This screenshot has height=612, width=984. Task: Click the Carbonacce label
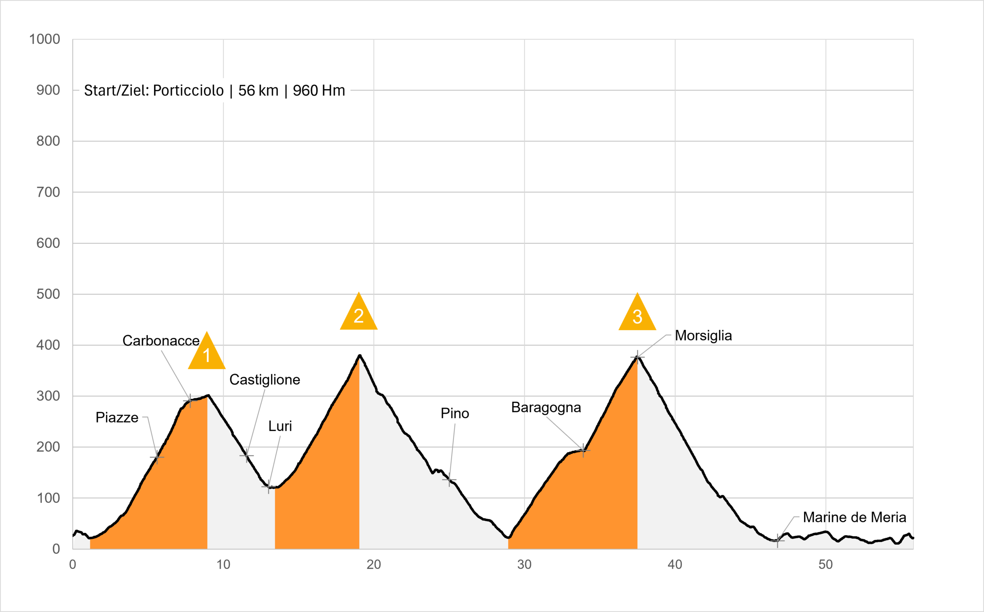pyautogui.click(x=161, y=341)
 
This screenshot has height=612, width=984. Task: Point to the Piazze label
pyautogui.click(x=117, y=417)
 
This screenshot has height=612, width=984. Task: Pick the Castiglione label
pyautogui.click(x=264, y=380)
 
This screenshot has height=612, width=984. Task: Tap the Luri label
pyautogui.click(x=280, y=426)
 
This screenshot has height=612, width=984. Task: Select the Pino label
pyautogui.click(x=455, y=413)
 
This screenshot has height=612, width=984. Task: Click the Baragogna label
pyautogui.click(x=546, y=407)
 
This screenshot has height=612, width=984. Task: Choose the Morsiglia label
pyautogui.click(x=703, y=336)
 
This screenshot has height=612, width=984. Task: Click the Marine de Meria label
pyautogui.click(x=854, y=517)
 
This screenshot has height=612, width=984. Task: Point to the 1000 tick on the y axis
pyautogui.click(x=45, y=39)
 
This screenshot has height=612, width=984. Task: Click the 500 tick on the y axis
pyautogui.click(x=48, y=294)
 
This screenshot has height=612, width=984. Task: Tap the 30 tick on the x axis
pyautogui.click(x=524, y=564)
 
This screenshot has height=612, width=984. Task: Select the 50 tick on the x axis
pyautogui.click(x=825, y=564)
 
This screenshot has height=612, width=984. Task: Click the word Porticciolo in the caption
pyautogui.click(x=188, y=90)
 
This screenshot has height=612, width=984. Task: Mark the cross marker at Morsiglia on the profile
pyautogui.click(x=637, y=358)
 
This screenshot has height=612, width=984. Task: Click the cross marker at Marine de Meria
pyautogui.click(x=777, y=540)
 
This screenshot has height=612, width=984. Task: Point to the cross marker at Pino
pyautogui.click(x=449, y=480)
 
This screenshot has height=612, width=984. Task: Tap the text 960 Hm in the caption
pyautogui.click(x=319, y=90)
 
